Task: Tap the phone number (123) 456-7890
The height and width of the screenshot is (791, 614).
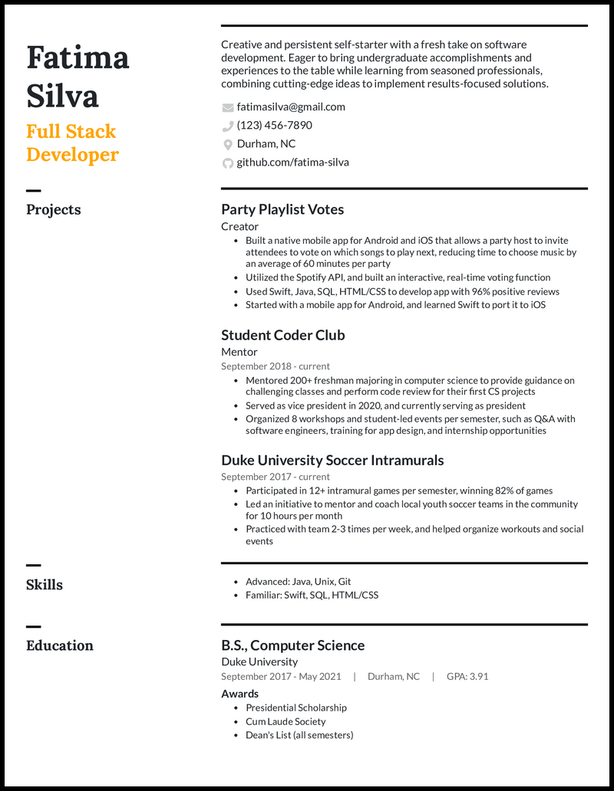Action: [x=274, y=126]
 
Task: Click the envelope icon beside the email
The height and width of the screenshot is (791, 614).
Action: [x=227, y=107]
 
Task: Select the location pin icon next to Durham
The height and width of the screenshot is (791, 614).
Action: [x=227, y=144]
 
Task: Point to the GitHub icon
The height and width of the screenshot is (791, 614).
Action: [x=227, y=162]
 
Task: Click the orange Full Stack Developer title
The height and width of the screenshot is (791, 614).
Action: [x=72, y=143]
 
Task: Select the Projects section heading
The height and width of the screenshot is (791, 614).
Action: [x=54, y=210]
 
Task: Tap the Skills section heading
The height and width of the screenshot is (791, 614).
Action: [x=45, y=585]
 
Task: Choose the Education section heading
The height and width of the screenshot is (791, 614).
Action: [x=60, y=645]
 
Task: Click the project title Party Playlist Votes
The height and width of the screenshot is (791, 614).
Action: [x=282, y=209]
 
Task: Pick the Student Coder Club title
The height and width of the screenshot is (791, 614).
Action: [x=283, y=335]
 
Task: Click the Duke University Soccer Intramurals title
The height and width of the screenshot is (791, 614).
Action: [x=332, y=461]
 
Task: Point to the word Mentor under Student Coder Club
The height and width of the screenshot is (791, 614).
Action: [x=239, y=352]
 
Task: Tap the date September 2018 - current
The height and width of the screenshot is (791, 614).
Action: [x=276, y=366]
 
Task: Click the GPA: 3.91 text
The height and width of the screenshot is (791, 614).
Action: [x=467, y=677]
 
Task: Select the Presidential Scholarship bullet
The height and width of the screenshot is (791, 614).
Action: [x=296, y=708]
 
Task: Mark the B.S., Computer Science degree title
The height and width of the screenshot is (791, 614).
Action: [x=292, y=645]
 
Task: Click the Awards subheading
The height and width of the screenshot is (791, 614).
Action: [x=240, y=694]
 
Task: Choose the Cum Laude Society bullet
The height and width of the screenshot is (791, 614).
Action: [x=286, y=721]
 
